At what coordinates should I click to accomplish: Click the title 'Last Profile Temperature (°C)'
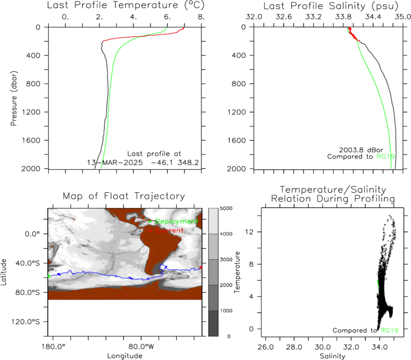[x=125, y=5]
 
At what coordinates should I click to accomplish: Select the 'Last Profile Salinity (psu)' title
[x=331, y=6]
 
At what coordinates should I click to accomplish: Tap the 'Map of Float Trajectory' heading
[x=124, y=196]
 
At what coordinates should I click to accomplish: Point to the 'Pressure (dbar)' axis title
[x=14, y=98]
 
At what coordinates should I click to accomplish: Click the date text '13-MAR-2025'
[x=115, y=163]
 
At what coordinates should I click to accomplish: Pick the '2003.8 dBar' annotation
[x=361, y=150]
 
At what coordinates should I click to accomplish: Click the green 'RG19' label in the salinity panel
[x=386, y=157]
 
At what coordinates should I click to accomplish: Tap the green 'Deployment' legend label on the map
[x=176, y=222]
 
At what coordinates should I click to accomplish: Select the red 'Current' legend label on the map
[x=170, y=230]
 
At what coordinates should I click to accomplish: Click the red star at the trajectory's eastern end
[x=201, y=267]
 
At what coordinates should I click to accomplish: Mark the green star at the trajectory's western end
[x=49, y=276]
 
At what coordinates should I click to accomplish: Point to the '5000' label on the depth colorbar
[x=226, y=208]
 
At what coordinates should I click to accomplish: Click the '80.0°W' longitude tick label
[x=141, y=347]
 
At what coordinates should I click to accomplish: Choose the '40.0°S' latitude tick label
[x=28, y=263]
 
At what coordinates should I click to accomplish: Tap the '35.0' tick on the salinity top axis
[x=403, y=17]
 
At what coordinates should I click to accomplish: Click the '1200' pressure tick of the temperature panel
[x=31, y=112]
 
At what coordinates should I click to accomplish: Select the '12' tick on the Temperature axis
[x=250, y=232]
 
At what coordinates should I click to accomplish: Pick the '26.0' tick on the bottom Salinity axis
[x=266, y=347]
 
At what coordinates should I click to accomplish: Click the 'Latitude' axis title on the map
[x=4, y=272]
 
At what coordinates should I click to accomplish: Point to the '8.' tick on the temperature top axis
[x=201, y=17]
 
